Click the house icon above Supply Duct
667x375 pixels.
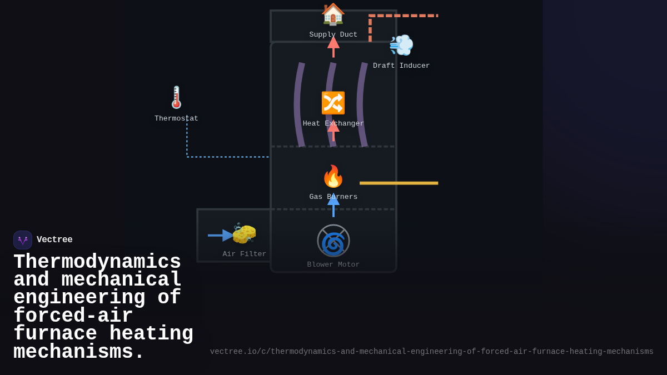[x=333, y=14]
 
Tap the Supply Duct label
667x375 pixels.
[x=333, y=35]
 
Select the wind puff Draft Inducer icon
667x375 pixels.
[x=401, y=45]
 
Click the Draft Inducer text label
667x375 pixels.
[x=401, y=66]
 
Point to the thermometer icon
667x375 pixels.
[x=176, y=97]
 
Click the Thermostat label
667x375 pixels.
[x=176, y=119]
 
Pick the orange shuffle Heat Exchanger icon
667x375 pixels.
[x=333, y=103]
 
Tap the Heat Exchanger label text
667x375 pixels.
[x=333, y=124]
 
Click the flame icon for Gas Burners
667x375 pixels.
[x=333, y=176]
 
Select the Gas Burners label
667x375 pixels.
[x=333, y=197]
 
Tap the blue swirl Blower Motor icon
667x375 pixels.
[x=333, y=241]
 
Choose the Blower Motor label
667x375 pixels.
[x=333, y=265]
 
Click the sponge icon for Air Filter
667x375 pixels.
[x=244, y=234]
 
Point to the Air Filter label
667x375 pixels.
[x=245, y=254]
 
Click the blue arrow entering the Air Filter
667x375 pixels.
[x=220, y=236]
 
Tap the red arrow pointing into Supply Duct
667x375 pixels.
[x=333, y=47]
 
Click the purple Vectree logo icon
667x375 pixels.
[x=23, y=240]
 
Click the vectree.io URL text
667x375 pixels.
[x=431, y=352]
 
